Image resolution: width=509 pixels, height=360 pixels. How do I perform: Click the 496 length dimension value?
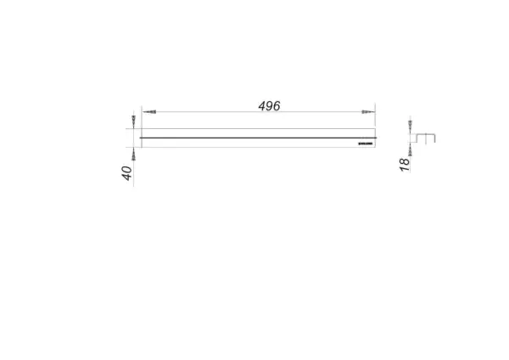(x=269, y=106)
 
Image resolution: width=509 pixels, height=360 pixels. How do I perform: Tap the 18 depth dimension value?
(x=405, y=164)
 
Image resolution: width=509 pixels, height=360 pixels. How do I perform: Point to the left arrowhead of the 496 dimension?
(x=150, y=112)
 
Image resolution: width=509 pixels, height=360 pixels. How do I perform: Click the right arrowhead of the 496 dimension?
(x=366, y=112)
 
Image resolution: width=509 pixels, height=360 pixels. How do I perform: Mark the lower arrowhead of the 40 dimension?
(x=133, y=155)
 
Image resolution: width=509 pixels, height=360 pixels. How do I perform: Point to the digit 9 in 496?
(x=269, y=106)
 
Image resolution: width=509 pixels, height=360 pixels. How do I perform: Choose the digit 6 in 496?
(x=277, y=106)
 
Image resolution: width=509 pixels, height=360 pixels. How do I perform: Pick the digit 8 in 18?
(x=405, y=160)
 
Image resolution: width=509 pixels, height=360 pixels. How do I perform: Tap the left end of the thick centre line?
(x=141, y=137)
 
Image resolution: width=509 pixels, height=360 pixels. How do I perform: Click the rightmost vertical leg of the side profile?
(x=436, y=138)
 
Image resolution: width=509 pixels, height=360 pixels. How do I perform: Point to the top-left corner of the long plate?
(x=141, y=128)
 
